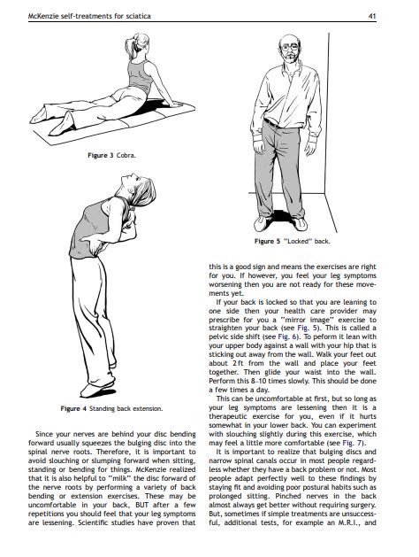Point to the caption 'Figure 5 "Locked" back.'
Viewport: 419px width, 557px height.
pos(292,241)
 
